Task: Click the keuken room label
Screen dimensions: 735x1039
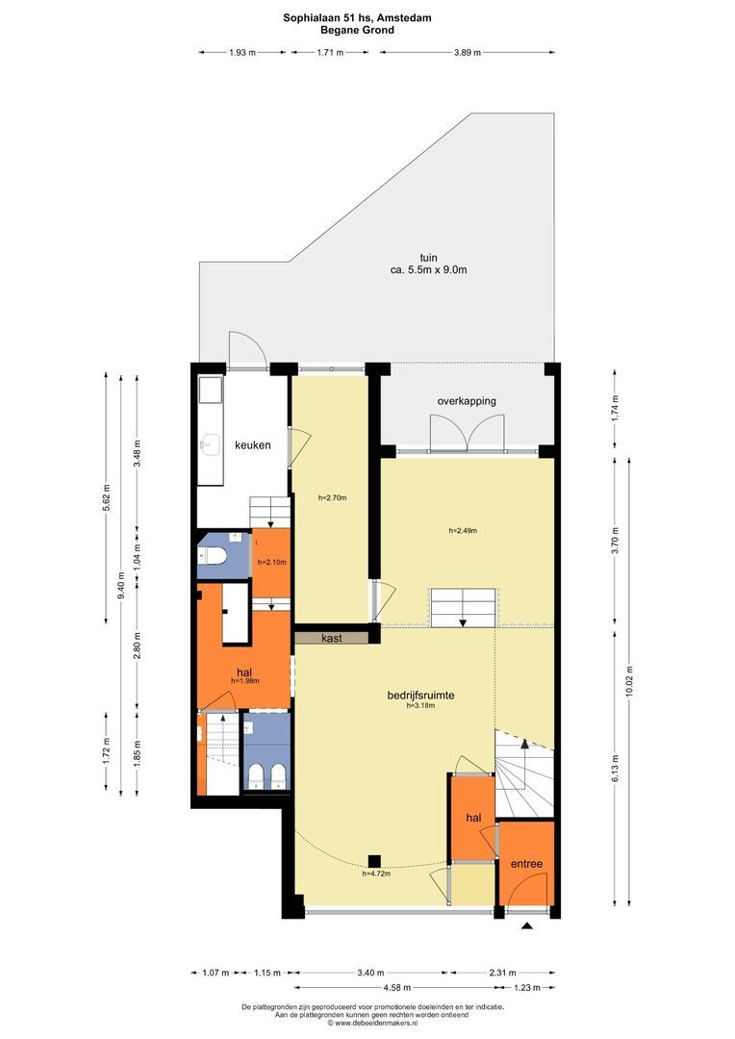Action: pos(252,445)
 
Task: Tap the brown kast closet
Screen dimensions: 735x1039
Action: pos(331,638)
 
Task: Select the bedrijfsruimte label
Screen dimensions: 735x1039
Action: pos(420,696)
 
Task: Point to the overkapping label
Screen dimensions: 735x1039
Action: pos(467,401)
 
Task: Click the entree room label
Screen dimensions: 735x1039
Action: pos(526,864)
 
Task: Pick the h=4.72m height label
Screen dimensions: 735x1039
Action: pos(376,874)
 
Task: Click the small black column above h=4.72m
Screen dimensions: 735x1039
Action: pos(374,861)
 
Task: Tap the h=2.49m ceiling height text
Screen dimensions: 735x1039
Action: pos(463,530)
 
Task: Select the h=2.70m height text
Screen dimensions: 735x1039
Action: pos(332,497)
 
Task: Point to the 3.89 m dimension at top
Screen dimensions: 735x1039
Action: pos(468,53)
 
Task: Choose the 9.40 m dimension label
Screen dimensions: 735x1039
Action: pos(120,585)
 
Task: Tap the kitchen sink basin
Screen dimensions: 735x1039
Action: pos(210,445)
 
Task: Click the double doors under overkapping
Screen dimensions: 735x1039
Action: pos(468,433)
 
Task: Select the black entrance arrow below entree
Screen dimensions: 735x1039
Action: pos(527,925)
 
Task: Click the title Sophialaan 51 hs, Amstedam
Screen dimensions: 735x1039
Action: pos(357,18)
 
